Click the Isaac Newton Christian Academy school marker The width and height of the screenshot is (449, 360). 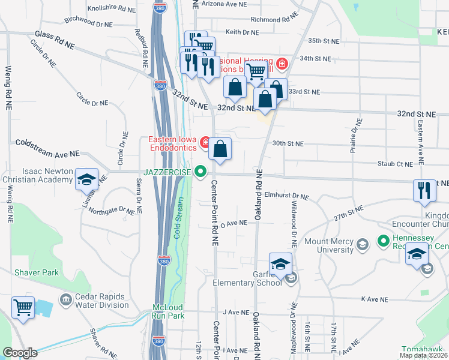pyautogui.click(x=86, y=179)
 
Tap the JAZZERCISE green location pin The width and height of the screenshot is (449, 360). pyautogui.click(x=201, y=172)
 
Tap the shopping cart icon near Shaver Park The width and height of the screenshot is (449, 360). pyautogui.click(x=23, y=308)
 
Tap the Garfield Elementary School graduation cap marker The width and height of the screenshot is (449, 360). pyautogui.click(x=280, y=264)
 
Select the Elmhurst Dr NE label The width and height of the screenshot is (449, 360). pyautogui.click(x=286, y=196)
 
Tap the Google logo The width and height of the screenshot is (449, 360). pyautogui.click(x=20, y=353)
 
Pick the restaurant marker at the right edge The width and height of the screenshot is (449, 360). pyautogui.click(x=424, y=190)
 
